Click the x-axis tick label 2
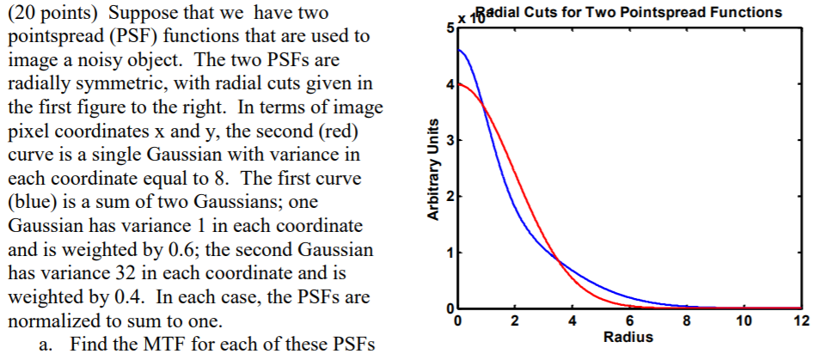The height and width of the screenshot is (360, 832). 514,321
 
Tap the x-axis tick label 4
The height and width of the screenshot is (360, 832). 572,321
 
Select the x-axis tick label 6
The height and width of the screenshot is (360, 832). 629,321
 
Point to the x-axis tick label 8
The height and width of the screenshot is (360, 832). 687,321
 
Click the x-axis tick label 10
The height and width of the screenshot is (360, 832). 743,321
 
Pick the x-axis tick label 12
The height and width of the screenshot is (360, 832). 801,321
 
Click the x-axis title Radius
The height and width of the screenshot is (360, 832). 629,337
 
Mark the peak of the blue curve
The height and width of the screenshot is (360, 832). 460,50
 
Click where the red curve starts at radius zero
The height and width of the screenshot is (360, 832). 458,83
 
